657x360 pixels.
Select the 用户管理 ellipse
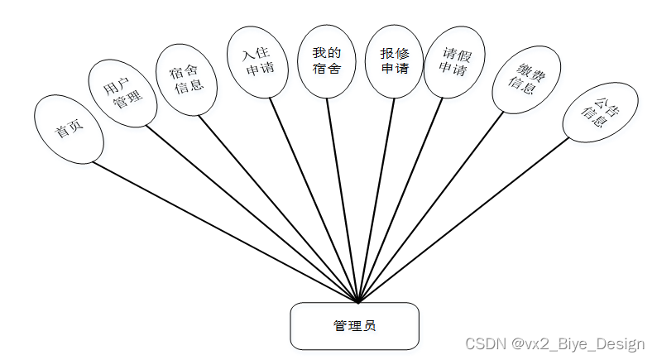(x=122, y=93)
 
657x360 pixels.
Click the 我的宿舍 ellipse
(x=326, y=60)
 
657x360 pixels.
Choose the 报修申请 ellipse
(x=395, y=60)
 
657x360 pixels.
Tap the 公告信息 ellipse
(x=596, y=117)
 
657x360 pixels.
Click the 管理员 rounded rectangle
(x=354, y=326)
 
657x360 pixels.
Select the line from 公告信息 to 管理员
(x=463, y=219)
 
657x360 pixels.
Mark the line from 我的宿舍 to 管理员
(x=343, y=199)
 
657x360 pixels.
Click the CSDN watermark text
(x=554, y=343)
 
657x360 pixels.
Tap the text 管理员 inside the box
(x=354, y=326)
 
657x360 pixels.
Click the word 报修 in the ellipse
(x=395, y=53)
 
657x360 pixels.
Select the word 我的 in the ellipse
(x=326, y=53)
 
